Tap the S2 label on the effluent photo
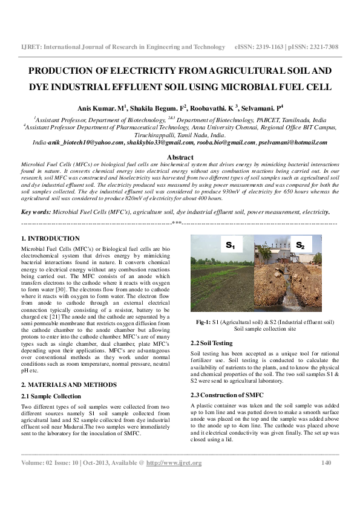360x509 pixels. (300, 245)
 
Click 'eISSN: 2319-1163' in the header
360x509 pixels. (258, 47)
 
